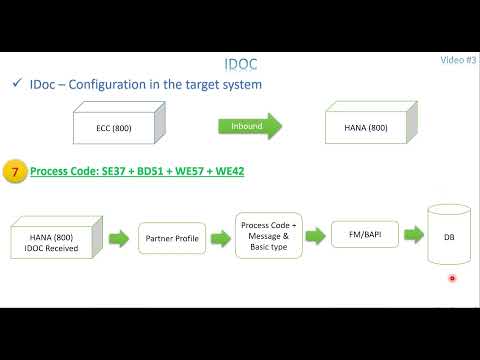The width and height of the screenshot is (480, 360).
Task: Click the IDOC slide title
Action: click(239, 65)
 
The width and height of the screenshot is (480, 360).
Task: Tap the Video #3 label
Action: click(458, 60)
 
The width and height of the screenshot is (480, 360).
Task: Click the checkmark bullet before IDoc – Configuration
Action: click(18, 85)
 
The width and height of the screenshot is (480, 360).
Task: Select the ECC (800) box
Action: click(113, 127)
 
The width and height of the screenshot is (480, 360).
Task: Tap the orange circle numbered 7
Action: click(14, 171)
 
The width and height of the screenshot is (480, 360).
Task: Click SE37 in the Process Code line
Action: click(113, 171)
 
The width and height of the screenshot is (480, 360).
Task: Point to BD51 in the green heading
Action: click(150, 171)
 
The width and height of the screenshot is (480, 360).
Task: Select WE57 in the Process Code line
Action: click(189, 171)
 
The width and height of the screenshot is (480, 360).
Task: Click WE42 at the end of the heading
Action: click(228, 171)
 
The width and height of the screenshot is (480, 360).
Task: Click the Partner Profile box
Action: click(172, 239)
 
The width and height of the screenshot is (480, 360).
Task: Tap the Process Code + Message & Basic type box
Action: click(264, 236)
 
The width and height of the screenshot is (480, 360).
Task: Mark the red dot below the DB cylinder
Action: click(452, 279)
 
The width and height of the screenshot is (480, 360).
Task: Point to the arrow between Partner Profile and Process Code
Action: click(220, 238)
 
